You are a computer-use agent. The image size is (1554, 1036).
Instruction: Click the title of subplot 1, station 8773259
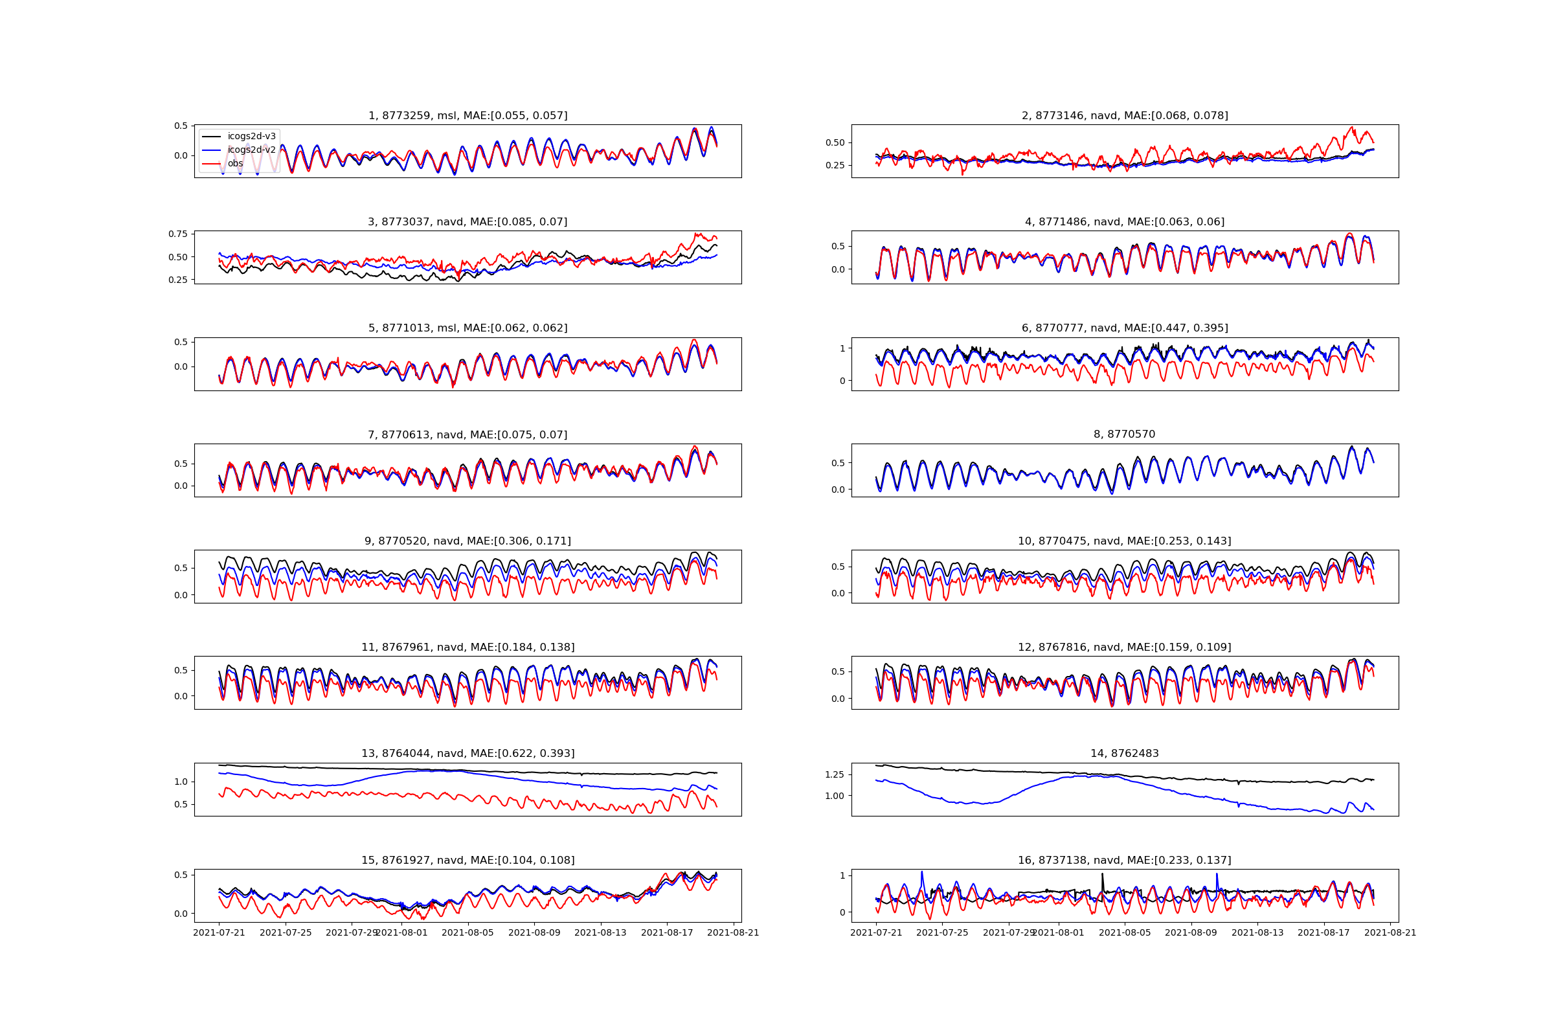tap(467, 116)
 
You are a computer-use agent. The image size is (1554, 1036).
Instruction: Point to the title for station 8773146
tap(1125, 116)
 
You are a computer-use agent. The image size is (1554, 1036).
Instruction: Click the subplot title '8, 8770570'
tap(1125, 434)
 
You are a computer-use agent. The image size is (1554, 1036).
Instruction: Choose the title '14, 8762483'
tap(1125, 753)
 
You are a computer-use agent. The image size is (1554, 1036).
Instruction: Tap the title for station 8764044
tap(467, 753)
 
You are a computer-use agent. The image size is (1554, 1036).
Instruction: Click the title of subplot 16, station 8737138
tap(1125, 861)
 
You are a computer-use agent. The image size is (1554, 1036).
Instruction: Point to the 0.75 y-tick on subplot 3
tap(177, 234)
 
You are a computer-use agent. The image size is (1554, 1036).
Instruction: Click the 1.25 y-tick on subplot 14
tap(835, 774)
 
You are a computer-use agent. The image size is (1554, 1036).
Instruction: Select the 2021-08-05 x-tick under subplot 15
tap(467, 932)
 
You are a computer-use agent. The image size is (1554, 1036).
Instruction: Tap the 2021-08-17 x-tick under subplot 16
tap(1324, 932)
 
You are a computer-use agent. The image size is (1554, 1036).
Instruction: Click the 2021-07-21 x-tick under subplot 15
tap(219, 932)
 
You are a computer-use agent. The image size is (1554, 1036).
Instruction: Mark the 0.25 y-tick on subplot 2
tap(835, 165)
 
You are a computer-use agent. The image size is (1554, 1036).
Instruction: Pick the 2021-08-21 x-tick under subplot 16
tap(1390, 932)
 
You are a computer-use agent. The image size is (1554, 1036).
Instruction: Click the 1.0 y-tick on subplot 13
tap(181, 782)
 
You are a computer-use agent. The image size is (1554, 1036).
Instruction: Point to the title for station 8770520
tap(467, 541)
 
